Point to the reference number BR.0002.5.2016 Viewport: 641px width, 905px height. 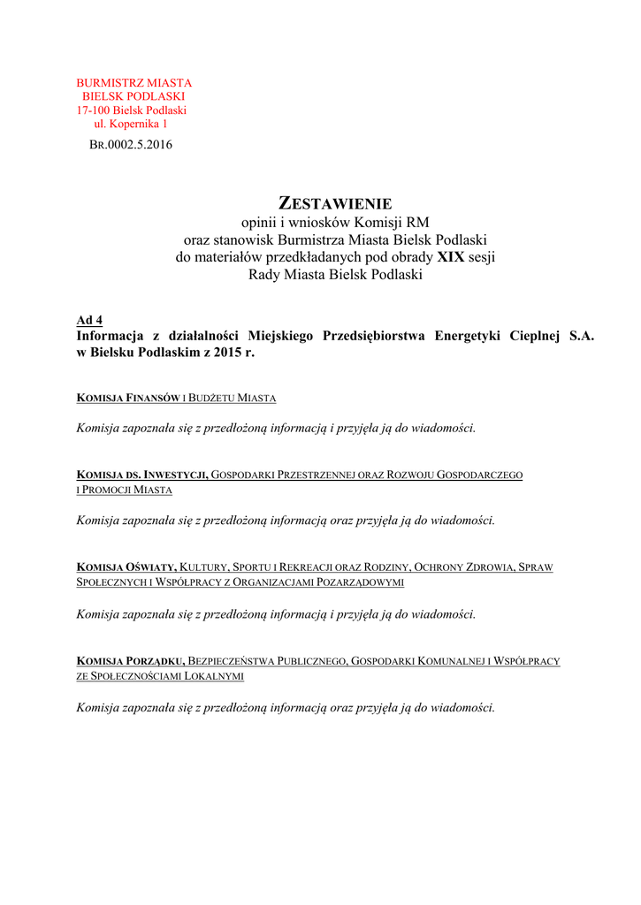[x=131, y=145]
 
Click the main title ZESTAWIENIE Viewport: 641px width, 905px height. [x=335, y=203]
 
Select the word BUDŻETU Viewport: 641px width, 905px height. [x=218, y=399]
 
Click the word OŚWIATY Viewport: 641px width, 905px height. [x=151, y=567]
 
